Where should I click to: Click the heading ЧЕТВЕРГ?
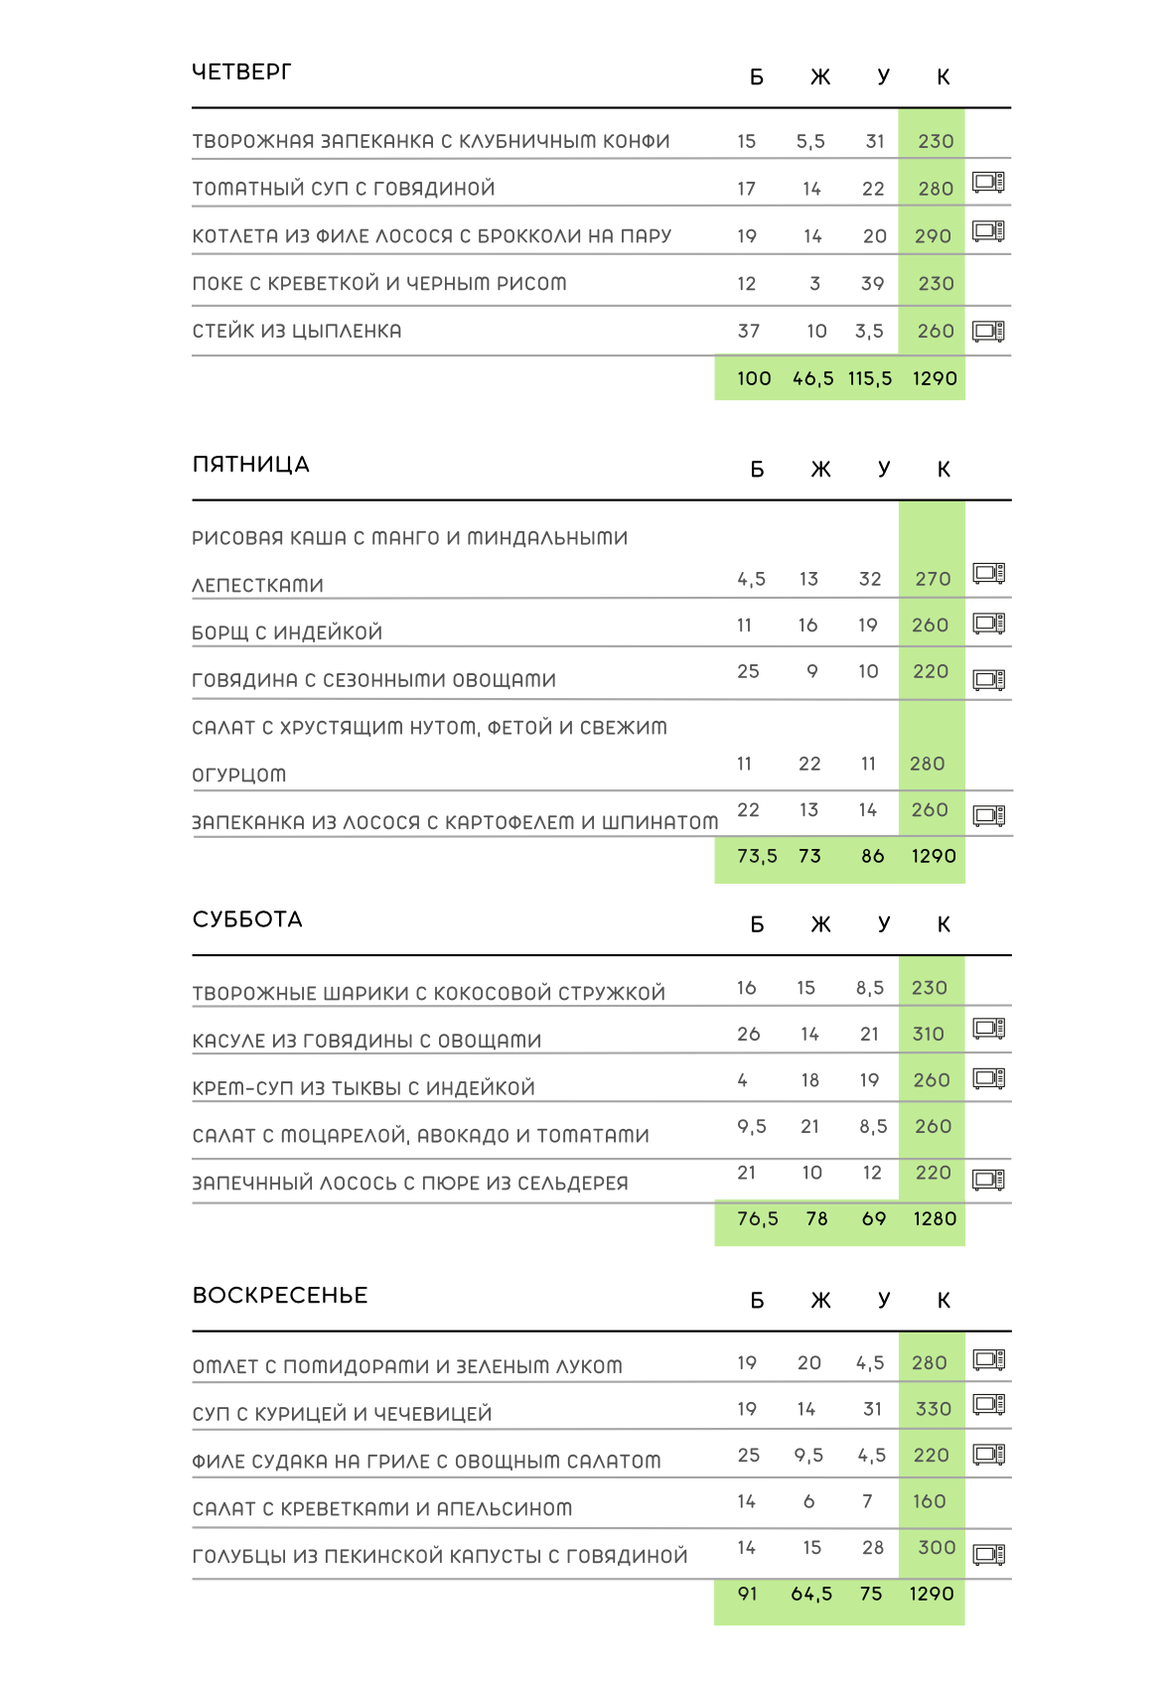[241, 72]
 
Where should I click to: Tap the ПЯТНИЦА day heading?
[250, 465]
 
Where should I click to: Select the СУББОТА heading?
[247, 919]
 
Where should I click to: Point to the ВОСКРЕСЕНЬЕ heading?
[280, 1296]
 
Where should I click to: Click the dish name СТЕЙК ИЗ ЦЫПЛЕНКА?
[297, 332]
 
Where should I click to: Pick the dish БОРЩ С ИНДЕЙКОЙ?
[287, 633]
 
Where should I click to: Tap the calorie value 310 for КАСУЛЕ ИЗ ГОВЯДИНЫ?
[929, 1035]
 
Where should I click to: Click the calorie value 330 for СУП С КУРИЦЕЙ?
[933, 1410]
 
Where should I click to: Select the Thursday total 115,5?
[870, 379]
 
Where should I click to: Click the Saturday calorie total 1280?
[935, 1219]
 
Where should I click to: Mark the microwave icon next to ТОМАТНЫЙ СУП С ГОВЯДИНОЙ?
[988, 183]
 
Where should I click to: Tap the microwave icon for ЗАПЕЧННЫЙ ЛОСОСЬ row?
[989, 1180]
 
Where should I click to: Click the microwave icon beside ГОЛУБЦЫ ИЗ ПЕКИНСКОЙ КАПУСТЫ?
[989, 1555]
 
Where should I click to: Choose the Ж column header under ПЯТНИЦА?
[820, 470]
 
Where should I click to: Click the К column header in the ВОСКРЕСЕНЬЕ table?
[944, 1301]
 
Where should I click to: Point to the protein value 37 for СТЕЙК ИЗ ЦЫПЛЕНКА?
[749, 332]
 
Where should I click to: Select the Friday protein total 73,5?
[757, 857]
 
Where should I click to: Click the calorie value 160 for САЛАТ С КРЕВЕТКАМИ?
[930, 1502]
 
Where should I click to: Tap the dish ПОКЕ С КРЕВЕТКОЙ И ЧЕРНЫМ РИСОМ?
[379, 284]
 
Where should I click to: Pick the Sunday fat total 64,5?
[811, 1595]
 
